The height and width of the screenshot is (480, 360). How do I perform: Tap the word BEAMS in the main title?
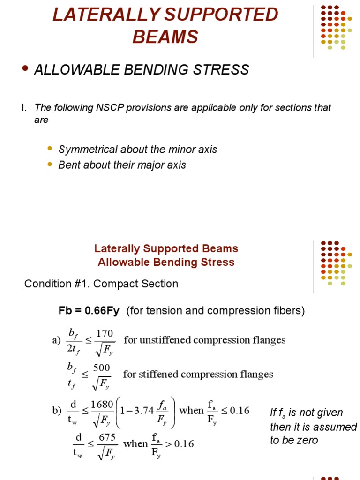tap(165, 37)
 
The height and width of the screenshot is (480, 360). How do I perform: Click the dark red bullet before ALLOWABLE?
tap(25, 69)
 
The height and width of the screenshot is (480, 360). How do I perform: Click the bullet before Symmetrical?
tap(50, 148)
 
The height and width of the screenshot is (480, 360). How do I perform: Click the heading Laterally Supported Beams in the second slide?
tap(166, 248)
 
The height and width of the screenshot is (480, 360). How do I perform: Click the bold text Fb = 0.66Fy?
tap(89, 311)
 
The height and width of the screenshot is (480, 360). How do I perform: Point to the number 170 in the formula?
tap(105, 334)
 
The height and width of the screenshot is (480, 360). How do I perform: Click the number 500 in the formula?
tap(101, 367)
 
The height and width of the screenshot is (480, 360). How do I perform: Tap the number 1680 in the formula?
tap(102, 404)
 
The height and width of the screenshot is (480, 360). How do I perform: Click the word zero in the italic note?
tap(307, 440)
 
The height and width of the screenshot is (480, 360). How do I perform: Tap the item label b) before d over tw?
tap(57, 411)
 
